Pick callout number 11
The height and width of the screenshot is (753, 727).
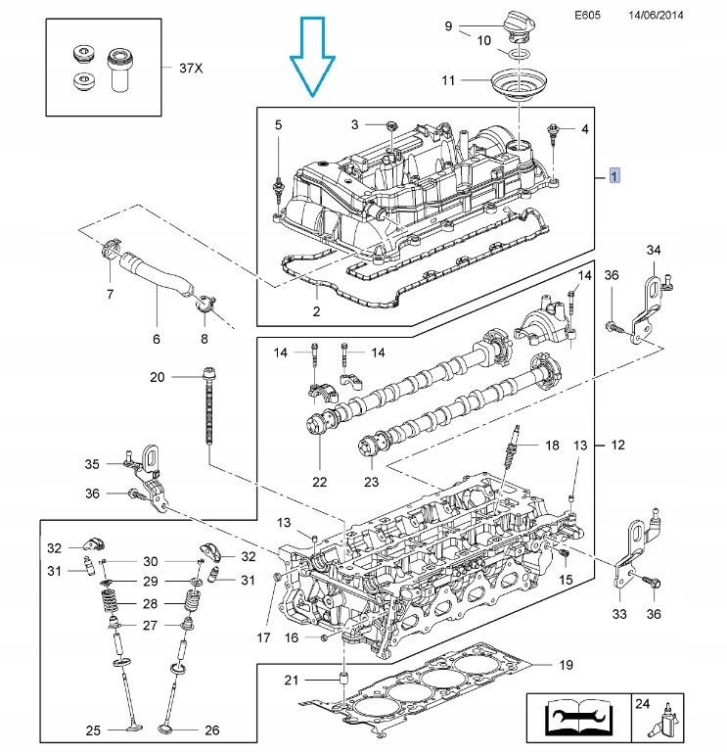tap(449, 80)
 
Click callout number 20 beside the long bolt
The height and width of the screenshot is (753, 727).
tap(158, 378)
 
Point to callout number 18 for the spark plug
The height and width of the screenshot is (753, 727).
tap(552, 446)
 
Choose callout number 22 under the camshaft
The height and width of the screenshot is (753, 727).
tap(320, 482)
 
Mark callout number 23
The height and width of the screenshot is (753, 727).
tap(371, 482)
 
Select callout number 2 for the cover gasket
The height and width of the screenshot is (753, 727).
tap(316, 312)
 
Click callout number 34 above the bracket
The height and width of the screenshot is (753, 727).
tap(654, 251)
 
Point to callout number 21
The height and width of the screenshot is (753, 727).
tap(290, 681)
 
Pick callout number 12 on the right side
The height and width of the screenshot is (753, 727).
tap(617, 446)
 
